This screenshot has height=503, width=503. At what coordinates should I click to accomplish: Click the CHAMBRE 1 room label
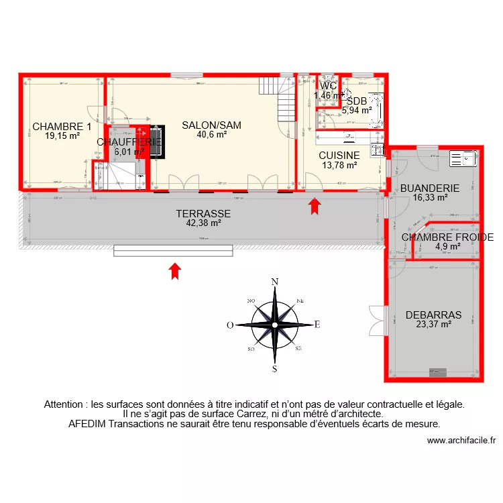point(62,126)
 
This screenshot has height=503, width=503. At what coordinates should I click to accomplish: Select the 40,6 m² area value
point(211,134)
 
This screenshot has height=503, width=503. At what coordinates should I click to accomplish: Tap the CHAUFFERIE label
point(129,142)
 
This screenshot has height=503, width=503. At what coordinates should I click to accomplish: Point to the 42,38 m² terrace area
point(203,223)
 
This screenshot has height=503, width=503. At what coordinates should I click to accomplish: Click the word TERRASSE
point(203,214)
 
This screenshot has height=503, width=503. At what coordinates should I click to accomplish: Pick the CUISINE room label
point(339,155)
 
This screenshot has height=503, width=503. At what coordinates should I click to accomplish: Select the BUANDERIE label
point(429,188)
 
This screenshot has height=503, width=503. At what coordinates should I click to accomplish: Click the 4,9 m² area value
point(447,246)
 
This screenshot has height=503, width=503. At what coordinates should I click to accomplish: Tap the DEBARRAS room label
point(433,314)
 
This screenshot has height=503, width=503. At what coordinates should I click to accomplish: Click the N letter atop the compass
point(274,282)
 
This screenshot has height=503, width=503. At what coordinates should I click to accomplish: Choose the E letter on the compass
point(317,325)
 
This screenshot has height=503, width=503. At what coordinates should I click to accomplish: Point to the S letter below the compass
point(274,368)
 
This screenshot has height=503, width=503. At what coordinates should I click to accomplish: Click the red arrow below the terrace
point(174,270)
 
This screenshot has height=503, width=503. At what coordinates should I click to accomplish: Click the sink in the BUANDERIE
point(462,158)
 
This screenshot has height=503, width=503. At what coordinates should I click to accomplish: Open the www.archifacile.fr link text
point(461,441)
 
